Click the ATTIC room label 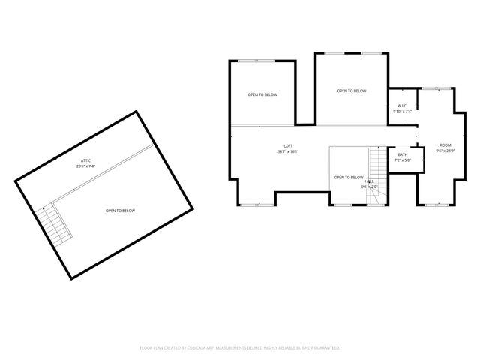(86, 161)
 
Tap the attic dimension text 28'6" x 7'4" (85, 166)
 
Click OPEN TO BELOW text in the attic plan (120, 211)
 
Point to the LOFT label (288, 146)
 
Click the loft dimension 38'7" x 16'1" (288, 152)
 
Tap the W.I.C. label (401, 106)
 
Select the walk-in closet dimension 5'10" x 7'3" (401, 112)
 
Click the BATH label (403, 154)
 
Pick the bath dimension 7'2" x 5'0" (403, 160)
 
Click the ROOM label (445, 145)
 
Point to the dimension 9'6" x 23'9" (445, 150)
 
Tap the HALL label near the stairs (370, 181)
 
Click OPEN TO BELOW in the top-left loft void (262, 94)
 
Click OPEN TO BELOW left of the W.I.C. (351, 91)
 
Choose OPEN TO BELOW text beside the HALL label (348, 178)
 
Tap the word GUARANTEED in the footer (326, 348)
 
